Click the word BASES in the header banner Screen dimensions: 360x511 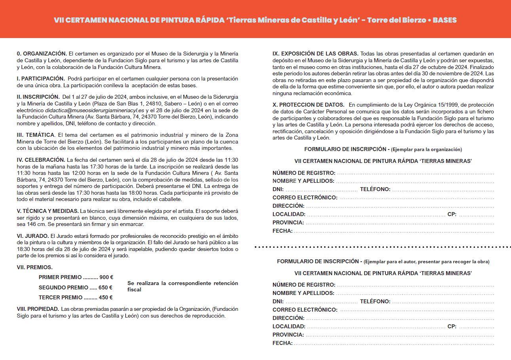pyautogui.click(x=444, y=20)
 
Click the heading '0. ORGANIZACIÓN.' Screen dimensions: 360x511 pyautogui.click(x=42, y=53)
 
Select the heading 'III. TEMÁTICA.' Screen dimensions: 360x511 pyautogui.click(x=36, y=135)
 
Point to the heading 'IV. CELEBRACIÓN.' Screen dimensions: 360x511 pyautogui.click(x=40, y=160)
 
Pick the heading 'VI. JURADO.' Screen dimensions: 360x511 pyautogui.click(x=33, y=236)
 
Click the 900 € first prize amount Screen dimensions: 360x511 pyautogui.click(x=106, y=278)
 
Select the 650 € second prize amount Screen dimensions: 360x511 pyautogui.click(x=105, y=287)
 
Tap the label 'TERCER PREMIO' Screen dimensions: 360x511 pyautogui.click(x=61, y=297)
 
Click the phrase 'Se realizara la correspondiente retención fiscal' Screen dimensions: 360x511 pyautogui.click(x=183, y=286)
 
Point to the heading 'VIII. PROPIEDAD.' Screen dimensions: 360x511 pyautogui.click(x=38, y=309)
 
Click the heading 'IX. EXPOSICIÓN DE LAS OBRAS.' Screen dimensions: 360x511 pyautogui.click(x=315, y=54)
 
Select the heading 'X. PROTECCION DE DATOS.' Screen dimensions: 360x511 pyautogui.click(x=309, y=105)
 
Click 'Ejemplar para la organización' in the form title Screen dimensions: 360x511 pyautogui.click(x=426, y=149)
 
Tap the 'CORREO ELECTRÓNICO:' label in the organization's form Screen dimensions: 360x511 pyautogui.click(x=305, y=197)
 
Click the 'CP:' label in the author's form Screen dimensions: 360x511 pyautogui.click(x=452, y=326)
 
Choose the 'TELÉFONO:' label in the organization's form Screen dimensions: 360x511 pyautogui.click(x=375, y=189)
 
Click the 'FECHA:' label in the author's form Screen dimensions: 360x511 pyautogui.click(x=282, y=343)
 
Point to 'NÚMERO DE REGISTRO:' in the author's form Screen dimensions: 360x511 pyautogui.click(x=304, y=285)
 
